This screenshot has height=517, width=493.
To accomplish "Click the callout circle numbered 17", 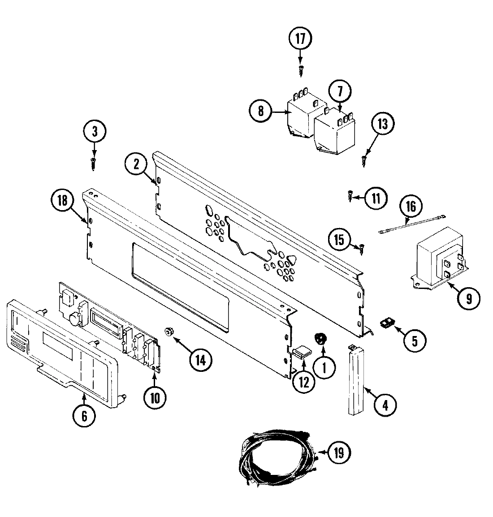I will (x=300, y=39).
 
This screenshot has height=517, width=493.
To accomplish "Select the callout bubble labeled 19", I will (x=338, y=453).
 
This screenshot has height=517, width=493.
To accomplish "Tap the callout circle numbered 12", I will (x=303, y=382).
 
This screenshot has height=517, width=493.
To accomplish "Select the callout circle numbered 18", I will (x=62, y=201).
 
